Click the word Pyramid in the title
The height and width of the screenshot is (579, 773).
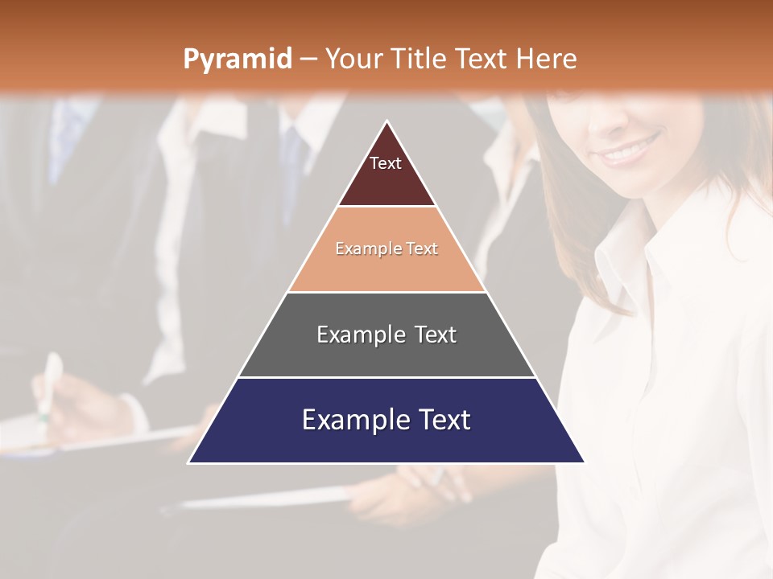tap(237, 60)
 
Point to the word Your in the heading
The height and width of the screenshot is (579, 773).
tap(352, 59)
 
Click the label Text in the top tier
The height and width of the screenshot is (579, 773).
tap(386, 163)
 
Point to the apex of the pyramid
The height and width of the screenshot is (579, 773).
tap(387, 121)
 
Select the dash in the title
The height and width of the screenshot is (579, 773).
tap(308, 60)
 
